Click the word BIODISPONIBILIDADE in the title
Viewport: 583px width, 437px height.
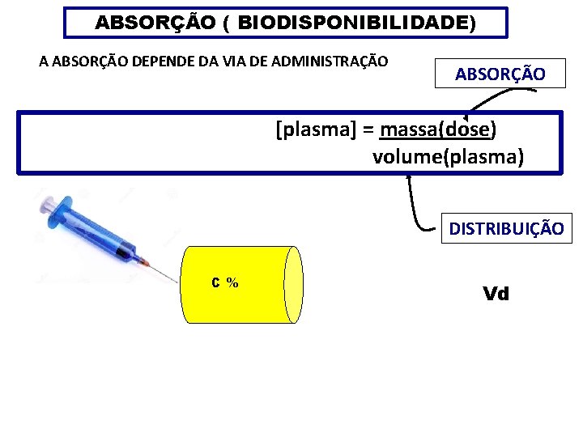[x=354, y=23]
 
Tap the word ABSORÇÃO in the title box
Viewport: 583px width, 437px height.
[x=155, y=23]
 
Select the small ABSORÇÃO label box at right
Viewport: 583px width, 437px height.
[x=499, y=74]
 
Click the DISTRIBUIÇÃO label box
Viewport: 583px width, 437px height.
[x=506, y=229]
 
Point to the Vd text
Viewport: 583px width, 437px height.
[x=496, y=294]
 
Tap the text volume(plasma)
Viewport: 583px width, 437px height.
[x=448, y=156]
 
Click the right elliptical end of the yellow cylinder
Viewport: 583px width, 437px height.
[x=293, y=284]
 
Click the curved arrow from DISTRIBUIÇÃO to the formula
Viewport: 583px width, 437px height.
[x=415, y=206]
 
